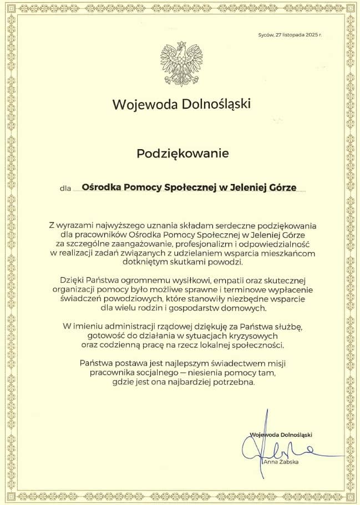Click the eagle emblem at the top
pos(181,64)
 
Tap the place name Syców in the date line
pos(266,34)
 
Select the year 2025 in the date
pos(310,34)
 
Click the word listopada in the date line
pos(292,34)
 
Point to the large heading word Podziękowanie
pos(182,154)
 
